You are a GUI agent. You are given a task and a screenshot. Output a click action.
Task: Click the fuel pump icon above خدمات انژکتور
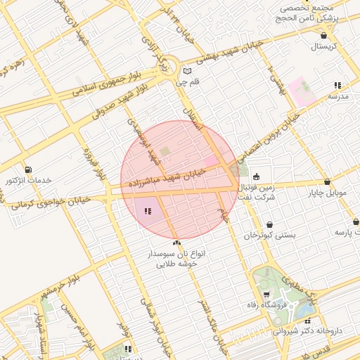[x=27, y=169]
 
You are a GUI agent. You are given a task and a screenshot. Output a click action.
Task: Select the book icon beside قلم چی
[x=186, y=71]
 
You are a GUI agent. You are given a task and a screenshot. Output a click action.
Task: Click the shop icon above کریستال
[x=323, y=35]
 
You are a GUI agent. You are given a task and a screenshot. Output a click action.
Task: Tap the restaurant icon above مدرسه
[x=337, y=85]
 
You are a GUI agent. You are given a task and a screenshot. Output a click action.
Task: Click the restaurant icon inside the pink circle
[x=147, y=210]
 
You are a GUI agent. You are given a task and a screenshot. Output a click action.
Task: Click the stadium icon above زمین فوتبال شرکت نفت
[x=256, y=176]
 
